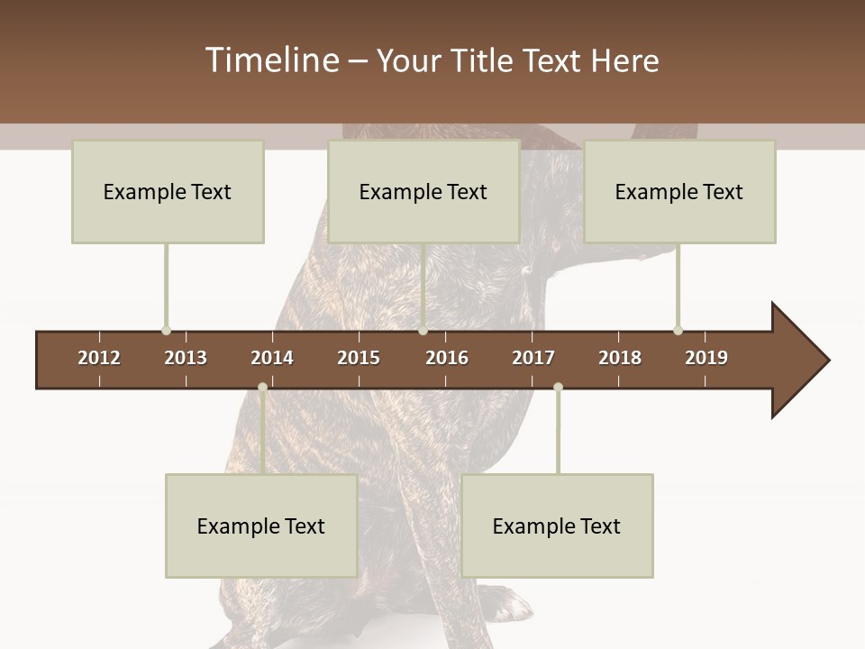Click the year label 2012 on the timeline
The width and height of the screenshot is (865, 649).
click(99, 358)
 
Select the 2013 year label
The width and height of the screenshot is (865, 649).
click(186, 358)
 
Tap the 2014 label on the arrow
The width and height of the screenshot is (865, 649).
click(272, 358)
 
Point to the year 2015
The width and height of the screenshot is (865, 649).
click(359, 358)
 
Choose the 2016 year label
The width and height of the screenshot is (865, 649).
click(447, 358)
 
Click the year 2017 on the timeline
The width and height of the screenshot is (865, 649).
click(533, 358)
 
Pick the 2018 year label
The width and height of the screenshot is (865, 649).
click(620, 358)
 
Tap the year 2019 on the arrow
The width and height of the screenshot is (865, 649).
click(706, 358)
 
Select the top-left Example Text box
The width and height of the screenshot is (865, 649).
click(168, 191)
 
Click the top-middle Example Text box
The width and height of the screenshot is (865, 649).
click(423, 191)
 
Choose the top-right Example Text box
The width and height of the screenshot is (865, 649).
click(679, 191)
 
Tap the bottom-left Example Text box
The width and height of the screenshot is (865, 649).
click(261, 526)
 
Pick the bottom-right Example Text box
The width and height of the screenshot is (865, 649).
click(557, 526)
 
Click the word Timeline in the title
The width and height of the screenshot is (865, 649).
click(271, 60)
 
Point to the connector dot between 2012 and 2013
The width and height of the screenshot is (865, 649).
click(166, 330)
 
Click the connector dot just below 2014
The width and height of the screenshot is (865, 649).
click(262, 388)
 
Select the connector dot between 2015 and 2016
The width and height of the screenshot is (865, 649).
click(423, 330)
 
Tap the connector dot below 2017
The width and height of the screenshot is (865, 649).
click(558, 388)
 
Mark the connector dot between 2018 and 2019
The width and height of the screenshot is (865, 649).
click(678, 330)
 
